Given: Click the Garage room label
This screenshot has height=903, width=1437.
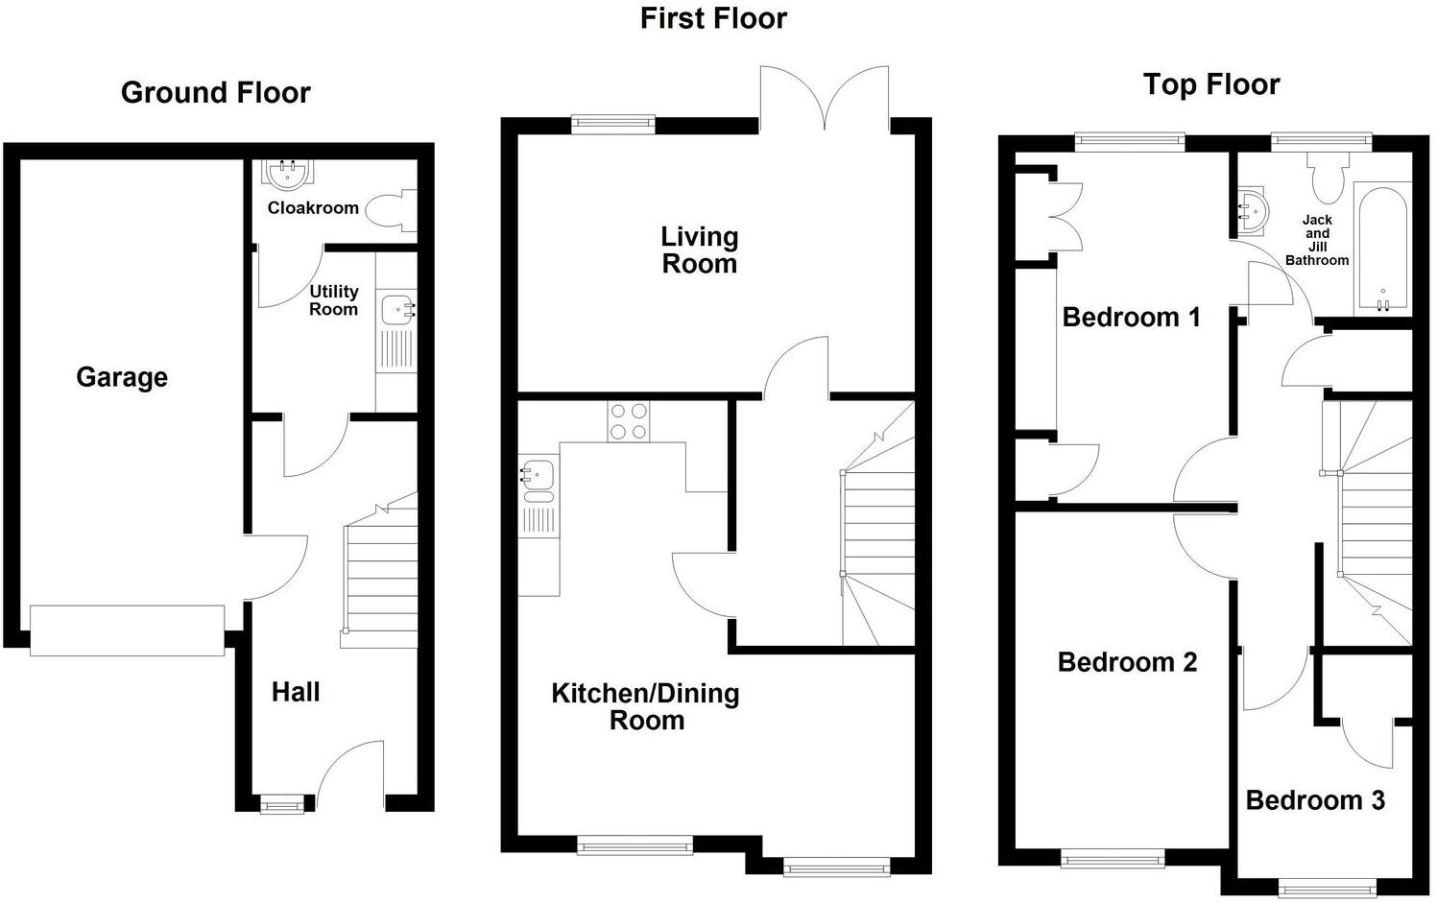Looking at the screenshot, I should [122, 377].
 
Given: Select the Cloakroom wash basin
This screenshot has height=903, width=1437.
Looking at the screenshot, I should [287, 174].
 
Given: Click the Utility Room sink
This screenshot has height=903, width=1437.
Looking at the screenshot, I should [397, 310].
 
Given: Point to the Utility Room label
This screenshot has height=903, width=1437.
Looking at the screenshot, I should [333, 300].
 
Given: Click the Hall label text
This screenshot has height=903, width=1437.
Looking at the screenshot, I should [296, 692].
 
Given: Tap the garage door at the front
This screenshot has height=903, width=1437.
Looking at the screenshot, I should [127, 630].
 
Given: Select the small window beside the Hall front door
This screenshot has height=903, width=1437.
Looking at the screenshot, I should [282, 804].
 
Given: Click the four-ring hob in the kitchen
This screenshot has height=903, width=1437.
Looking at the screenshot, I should [628, 421].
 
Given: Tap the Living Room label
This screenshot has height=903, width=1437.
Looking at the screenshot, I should [699, 250].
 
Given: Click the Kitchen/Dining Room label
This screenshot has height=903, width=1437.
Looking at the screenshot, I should [645, 707].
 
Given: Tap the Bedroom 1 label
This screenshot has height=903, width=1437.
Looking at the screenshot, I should [1131, 318].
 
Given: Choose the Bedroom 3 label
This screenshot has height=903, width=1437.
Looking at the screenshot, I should [1314, 800].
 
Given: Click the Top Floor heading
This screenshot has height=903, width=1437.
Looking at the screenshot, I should [1211, 84].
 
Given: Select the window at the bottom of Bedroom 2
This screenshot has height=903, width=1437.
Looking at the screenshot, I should [1113, 858].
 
